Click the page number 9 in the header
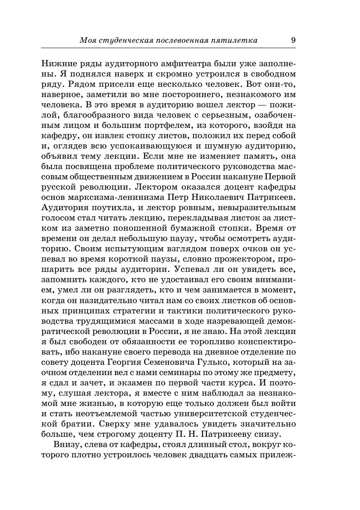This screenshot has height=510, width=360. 293,40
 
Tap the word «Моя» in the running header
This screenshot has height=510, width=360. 87,40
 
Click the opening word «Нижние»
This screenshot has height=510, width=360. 57,64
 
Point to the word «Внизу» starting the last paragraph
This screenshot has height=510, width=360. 65,444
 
